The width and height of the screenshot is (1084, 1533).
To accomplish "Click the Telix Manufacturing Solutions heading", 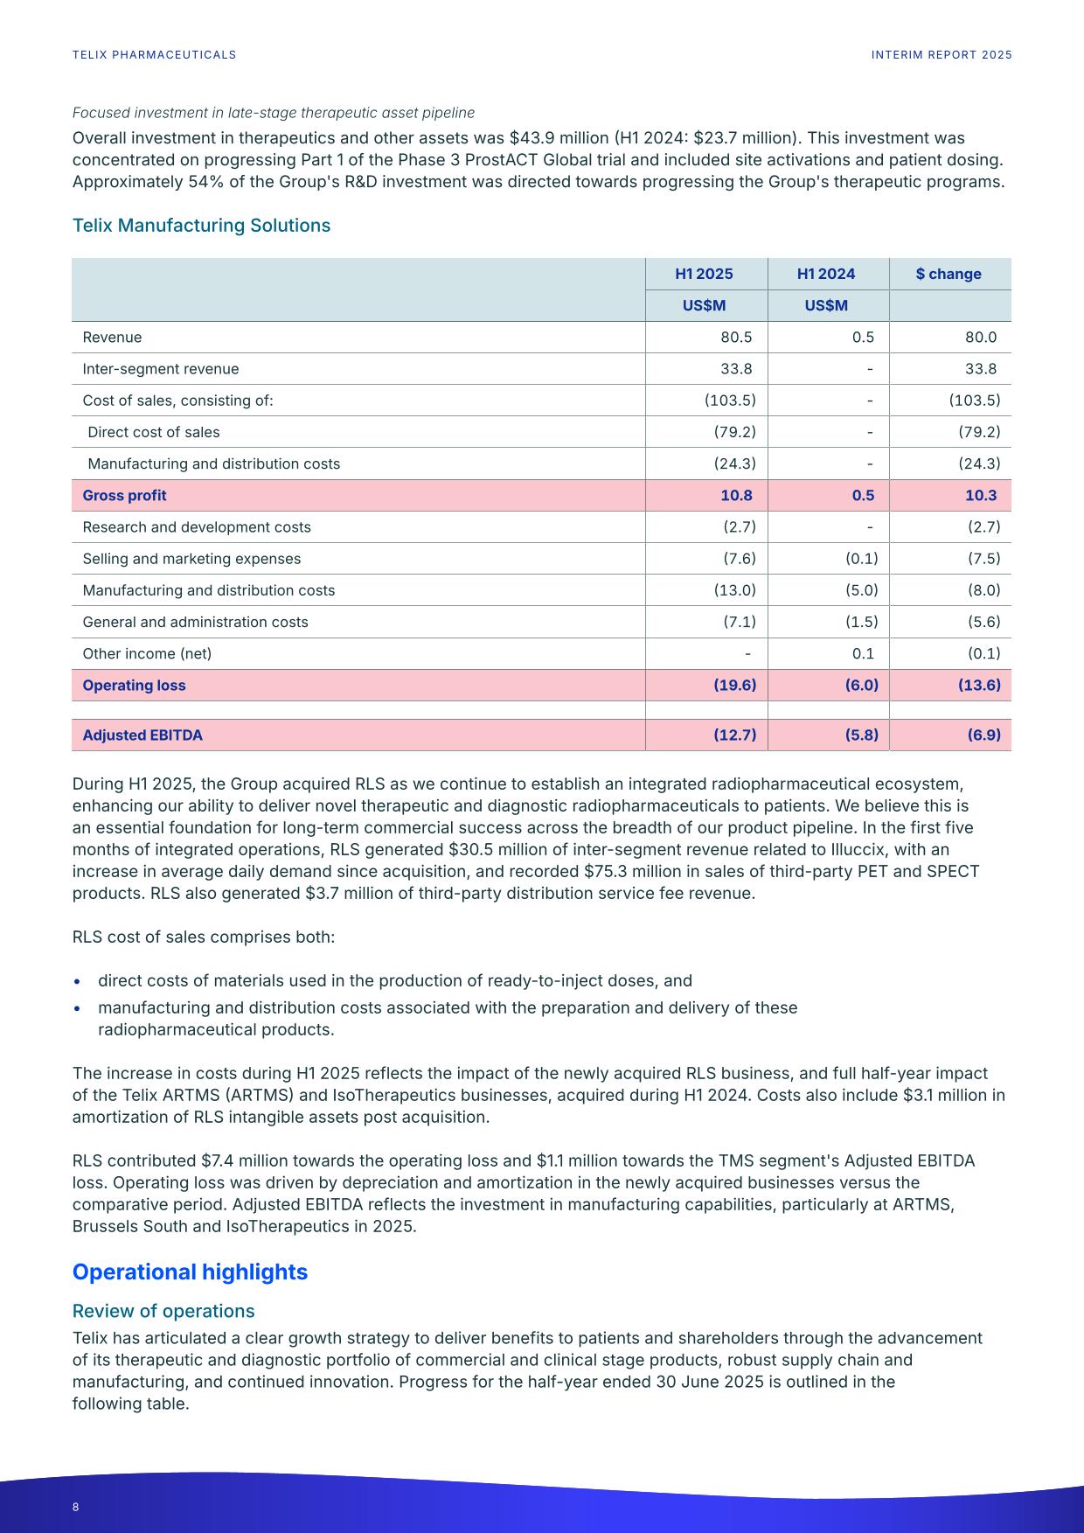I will coord(201,226).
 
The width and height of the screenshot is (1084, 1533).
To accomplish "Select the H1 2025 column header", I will coord(704,274).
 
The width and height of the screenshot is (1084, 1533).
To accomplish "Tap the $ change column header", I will coord(948,274).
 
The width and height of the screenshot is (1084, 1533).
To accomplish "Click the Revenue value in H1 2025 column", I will coord(736,338).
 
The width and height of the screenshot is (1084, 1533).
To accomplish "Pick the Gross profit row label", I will coord(124,496).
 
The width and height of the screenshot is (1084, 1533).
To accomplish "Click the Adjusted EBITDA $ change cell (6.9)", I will coord(983,735).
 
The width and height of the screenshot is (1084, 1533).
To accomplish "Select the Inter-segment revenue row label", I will coord(160,369).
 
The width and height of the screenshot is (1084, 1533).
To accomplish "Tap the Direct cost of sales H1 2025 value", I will coord(734,432).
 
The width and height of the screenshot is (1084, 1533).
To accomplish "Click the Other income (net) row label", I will coord(147,654).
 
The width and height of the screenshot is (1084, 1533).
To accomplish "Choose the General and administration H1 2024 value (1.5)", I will coord(861,622).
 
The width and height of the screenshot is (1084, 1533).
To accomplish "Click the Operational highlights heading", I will coord(190,1272).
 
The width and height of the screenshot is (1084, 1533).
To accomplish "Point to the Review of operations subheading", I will coord(163,1311).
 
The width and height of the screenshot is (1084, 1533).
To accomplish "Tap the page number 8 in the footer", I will coord(76,1507).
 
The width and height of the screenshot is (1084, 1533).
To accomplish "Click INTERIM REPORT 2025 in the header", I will coord(942,55).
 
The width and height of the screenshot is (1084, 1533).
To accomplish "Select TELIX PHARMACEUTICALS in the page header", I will coord(154,55).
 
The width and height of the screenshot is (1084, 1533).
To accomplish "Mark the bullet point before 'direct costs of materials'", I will coord(78,982).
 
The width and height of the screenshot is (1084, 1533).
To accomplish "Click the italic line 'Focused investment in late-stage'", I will coord(273,113).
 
